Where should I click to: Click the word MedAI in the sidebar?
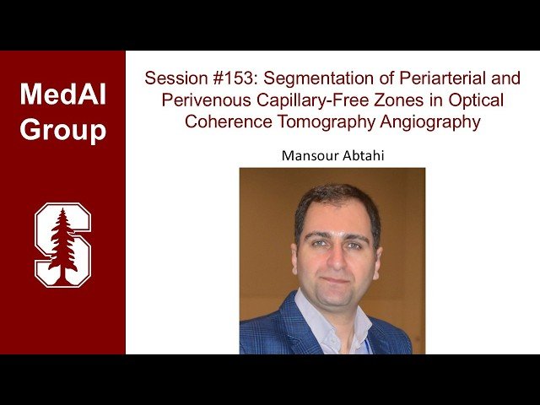[62, 94]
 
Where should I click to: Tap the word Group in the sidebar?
[62, 131]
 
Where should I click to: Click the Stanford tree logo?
[62, 244]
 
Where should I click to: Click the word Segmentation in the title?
[306, 78]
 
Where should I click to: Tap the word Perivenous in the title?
[197, 100]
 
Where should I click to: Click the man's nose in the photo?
[336, 257]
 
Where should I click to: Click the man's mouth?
[336, 279]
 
